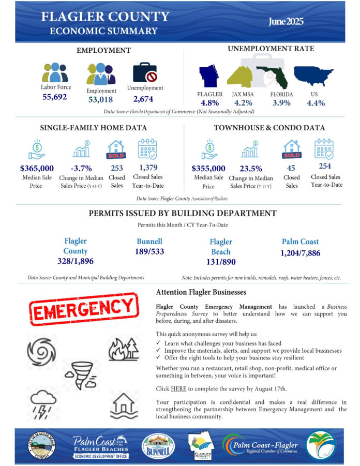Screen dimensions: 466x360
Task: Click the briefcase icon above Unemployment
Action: click(145, 73)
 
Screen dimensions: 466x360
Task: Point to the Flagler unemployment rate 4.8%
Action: click(210, 103)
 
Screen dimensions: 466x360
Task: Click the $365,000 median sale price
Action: click(37, 168)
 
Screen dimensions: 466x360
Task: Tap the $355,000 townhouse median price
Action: click(208, 168)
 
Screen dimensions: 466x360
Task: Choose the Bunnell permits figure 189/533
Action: click(149, 252)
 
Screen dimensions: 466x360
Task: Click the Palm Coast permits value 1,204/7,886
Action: click(300, 253)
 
